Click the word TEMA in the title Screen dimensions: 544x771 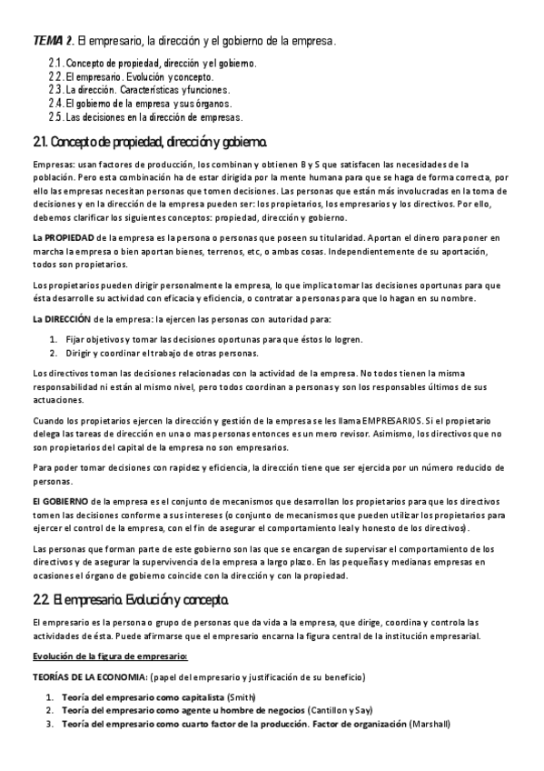(49, 41)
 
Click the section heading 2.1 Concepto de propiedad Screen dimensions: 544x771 (150, 143)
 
